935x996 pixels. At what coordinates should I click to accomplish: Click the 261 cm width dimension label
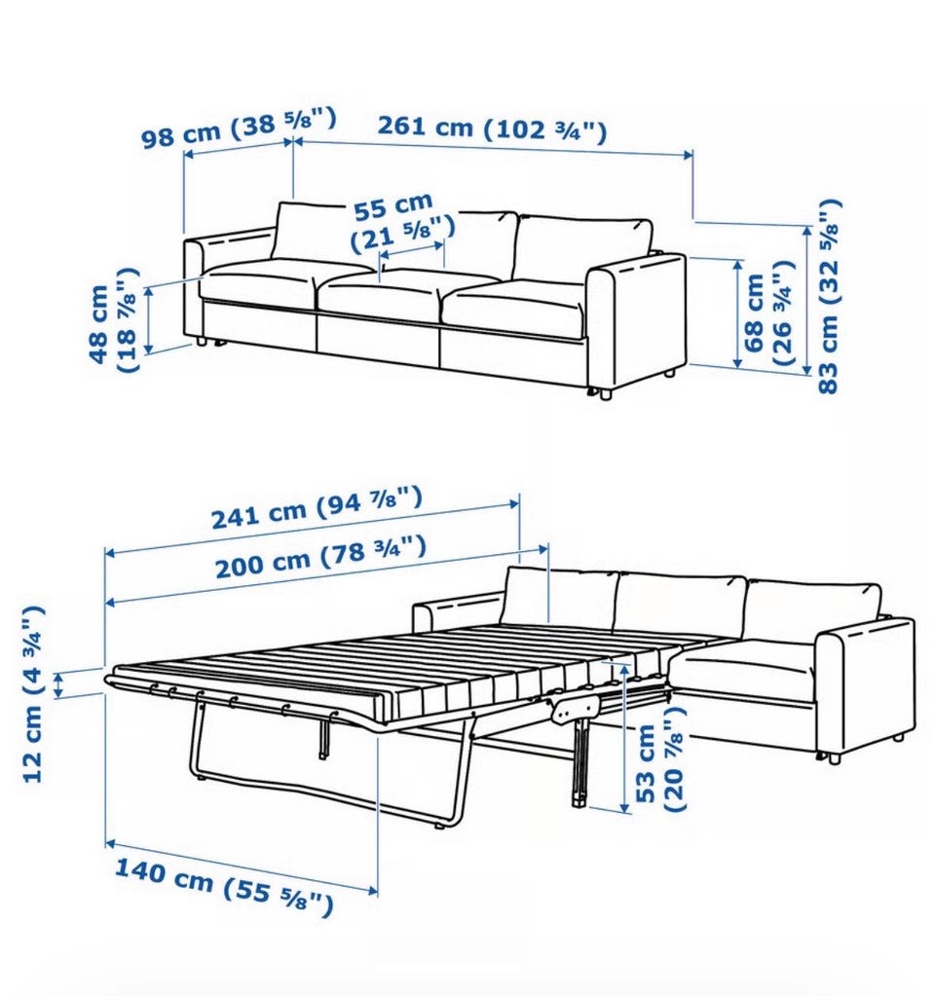click(493, 128)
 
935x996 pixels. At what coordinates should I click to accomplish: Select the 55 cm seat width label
click(402, 223)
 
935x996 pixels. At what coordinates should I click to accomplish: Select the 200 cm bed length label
click(319, 557)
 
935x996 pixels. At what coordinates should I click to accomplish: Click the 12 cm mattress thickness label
click(33, 694)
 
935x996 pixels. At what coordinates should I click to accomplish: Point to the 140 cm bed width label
click(224, 885)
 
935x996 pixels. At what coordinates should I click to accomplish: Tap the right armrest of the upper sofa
click(636, 324)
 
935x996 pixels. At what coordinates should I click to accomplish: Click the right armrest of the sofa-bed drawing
click(865, 686)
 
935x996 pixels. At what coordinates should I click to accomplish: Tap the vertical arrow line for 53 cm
click(626, 736)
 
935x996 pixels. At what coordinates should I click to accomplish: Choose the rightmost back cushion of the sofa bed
click(813, 609)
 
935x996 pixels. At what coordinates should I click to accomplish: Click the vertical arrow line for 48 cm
click(149, 319)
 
